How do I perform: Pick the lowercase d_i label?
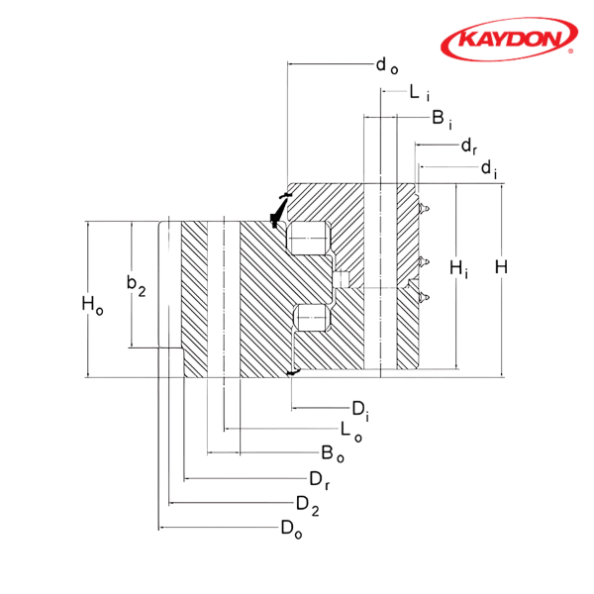pos(488,170)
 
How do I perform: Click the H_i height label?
pos(456,268)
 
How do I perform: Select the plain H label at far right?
pos(502,268)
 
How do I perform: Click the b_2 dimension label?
pos(137,287)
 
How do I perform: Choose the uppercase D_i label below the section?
pos(361,408)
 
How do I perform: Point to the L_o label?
pos(346,432)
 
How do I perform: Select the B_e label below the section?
pos(332,455)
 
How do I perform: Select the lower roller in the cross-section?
pos(312,318)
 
